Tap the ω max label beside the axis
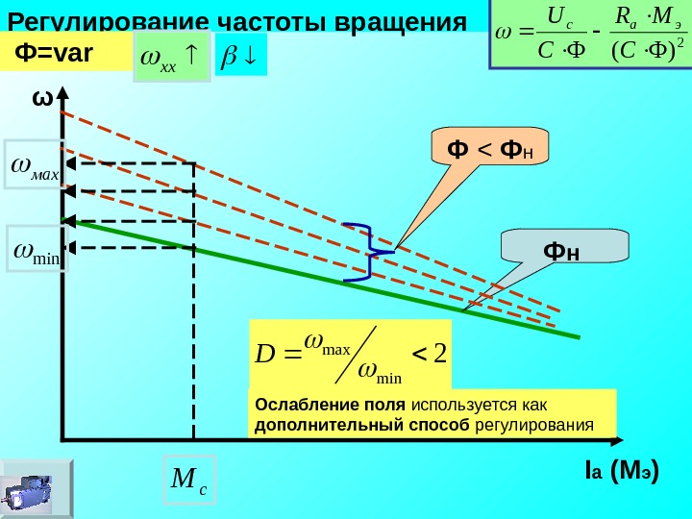[x=35, y=170]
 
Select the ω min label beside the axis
[x=37, y=251]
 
